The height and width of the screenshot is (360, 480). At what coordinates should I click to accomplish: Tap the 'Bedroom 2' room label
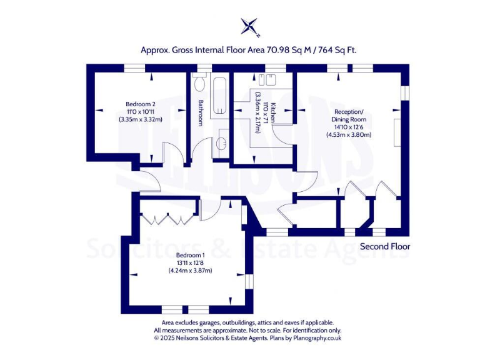(140, 104)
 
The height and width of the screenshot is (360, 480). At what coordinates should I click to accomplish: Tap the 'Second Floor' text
(384, 246)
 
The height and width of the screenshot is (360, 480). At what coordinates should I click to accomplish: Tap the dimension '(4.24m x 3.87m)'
(190, 271)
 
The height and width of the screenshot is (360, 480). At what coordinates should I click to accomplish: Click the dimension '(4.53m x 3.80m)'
(349, 134)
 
